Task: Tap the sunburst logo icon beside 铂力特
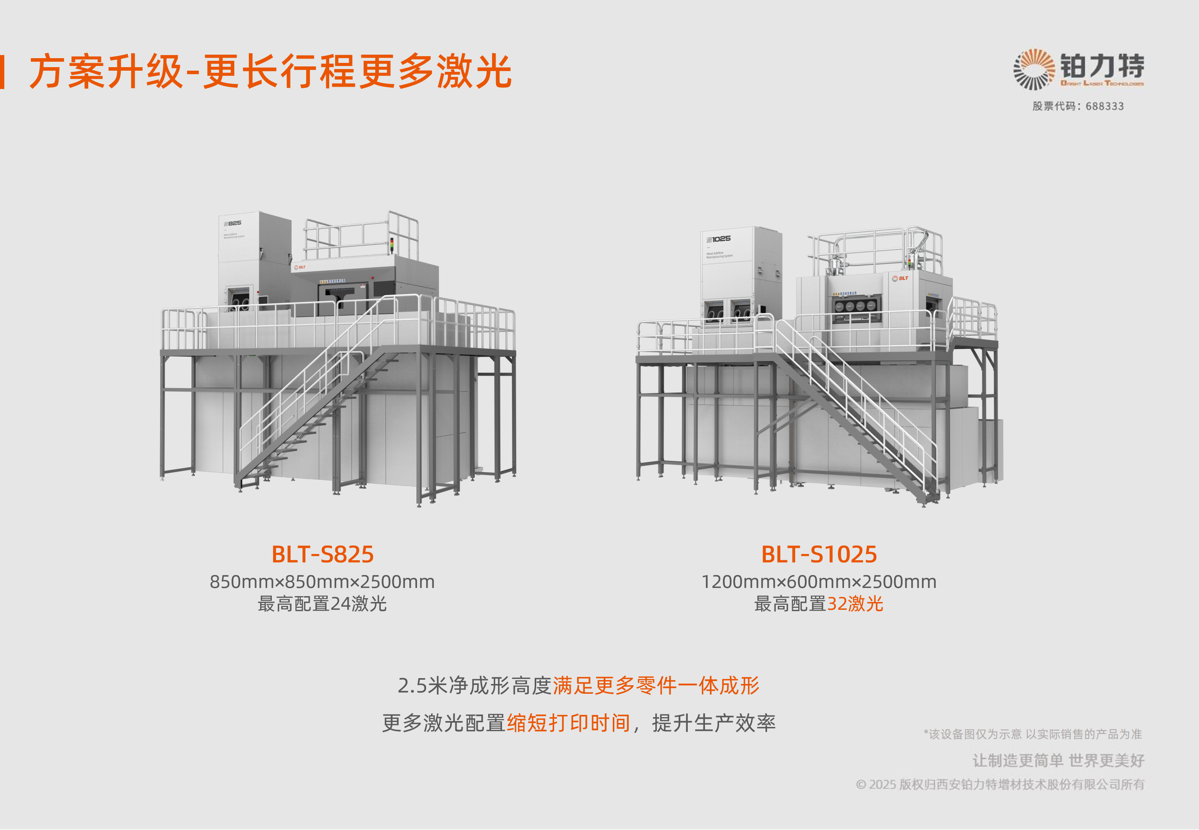[1033, 69]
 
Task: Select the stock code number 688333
[1104, 106]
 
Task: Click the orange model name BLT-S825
[323, 554]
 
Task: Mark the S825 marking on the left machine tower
[233, 223]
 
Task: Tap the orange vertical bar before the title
[3, 72]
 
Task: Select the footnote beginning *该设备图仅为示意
[1033, 734]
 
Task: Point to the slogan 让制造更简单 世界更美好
[1058, 761]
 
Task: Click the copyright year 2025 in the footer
[882, 784]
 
